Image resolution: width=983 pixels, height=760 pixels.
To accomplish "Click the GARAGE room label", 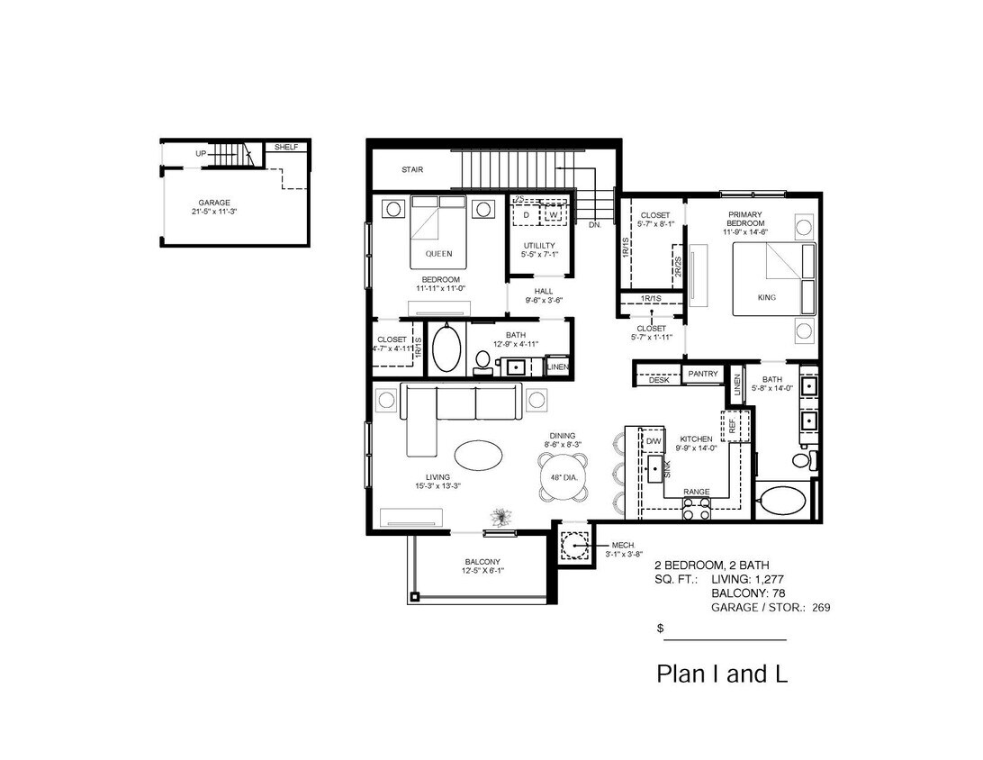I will [x=214, y=203].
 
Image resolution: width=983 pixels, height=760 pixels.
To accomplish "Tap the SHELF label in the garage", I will [x=285, y=147].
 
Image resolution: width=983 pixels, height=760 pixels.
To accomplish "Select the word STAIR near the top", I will [x=412, y=169].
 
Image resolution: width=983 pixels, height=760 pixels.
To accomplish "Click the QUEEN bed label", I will [x=438, y=253].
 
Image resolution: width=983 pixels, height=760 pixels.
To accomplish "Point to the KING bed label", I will [x=767, y=297].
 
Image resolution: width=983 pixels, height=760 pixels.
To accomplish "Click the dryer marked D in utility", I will [x=526, y=215].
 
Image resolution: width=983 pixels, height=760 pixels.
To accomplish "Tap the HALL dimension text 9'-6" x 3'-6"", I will [x=543, y=301].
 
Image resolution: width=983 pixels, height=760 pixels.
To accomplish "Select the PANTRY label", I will [x=702, y=374].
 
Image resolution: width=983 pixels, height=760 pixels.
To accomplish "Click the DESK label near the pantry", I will [x=659, y=381].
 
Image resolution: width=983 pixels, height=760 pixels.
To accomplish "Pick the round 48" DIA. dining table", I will [x=564, y=477].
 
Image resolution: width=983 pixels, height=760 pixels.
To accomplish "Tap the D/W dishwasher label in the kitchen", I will [x=654, y=441].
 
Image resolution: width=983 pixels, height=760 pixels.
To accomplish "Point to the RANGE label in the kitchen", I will [x=696, y=492].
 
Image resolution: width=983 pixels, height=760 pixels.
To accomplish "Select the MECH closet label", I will [x=623, y=545].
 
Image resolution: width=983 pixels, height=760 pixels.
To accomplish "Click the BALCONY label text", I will [x=482, y=562].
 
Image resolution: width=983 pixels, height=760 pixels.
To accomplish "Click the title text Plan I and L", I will [x=721, y=674].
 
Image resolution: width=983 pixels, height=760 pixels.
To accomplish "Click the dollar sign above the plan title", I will [x=661, y=629].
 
